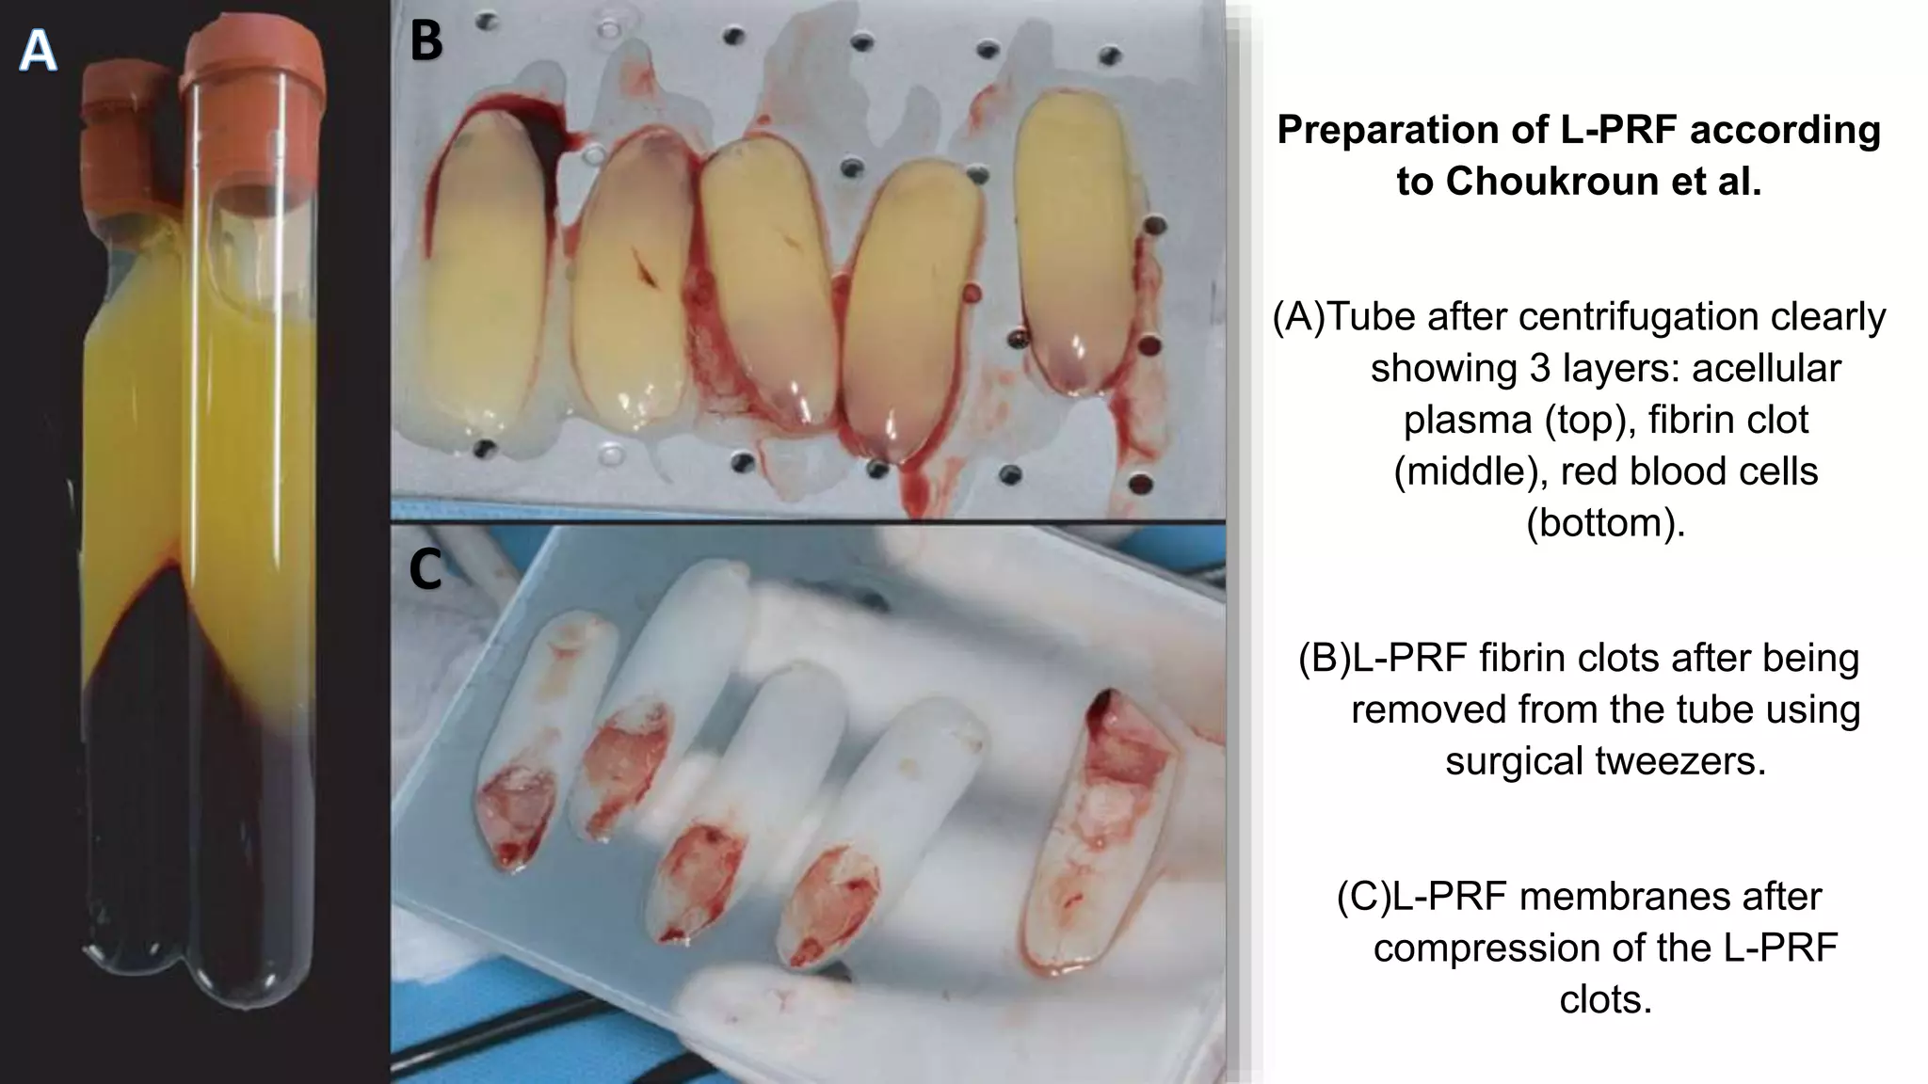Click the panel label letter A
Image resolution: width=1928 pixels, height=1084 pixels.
[x=38, y=51]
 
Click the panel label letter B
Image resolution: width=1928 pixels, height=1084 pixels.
[x=426, y=41]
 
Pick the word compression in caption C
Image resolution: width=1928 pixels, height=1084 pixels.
[x=1508, y=948]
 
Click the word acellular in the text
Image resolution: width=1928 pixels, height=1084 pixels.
[x=1766, y=368]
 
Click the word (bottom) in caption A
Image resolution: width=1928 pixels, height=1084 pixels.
[x=1605, y=522]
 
